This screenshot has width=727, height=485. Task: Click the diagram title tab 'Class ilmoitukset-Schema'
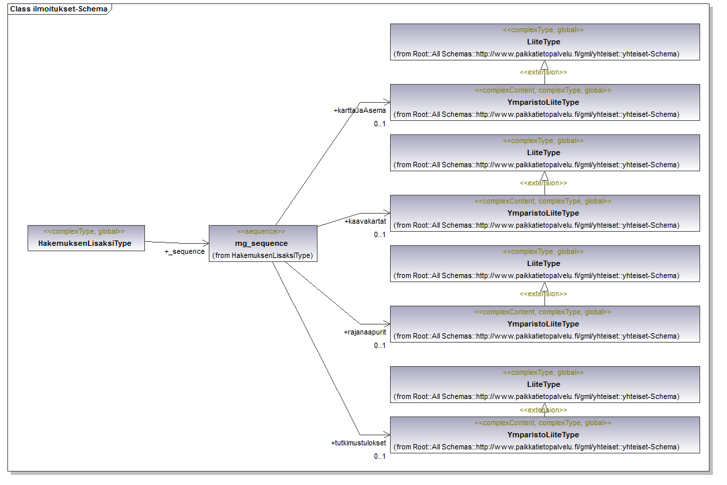pyautogui.click(x=58, y=9)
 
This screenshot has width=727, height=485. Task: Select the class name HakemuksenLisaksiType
pyautogui.click(x=86, y=243)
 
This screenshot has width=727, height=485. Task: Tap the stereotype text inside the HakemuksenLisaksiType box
pyautogui.click(x=86, y=231)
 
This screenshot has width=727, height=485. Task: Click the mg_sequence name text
pyautogui.click(x=262, y=243)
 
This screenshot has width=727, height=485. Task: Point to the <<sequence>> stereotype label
pyautogui.click(x=262, y=231)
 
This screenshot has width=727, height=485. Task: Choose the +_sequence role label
pyautogui.click(x=185, y=251)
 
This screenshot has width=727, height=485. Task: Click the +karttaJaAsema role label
pyautogui.click(x=359, y=110)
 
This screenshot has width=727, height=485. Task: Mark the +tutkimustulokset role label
pyautogui.click(x=358, y=443)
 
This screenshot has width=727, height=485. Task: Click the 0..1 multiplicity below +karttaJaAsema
pyautogui.click(x=380, y=124)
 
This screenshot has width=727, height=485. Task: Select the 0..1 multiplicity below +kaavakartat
pyautogui.click(x=380, y=234)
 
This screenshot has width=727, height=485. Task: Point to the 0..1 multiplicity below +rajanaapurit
pyautogui.click(x=380, y=345)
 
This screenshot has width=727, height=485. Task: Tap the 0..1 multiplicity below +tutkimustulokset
pyautogui.click(x=380, y=457)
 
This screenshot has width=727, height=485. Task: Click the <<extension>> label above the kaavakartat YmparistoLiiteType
pyautogui.click(x=543, y=183)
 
